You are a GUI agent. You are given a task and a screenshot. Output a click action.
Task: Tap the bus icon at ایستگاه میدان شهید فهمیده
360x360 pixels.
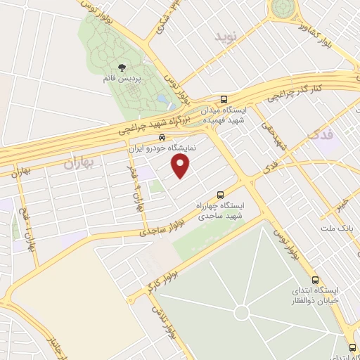coord(224,99)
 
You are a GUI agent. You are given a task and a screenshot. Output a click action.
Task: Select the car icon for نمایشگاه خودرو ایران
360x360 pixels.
coord(162,138)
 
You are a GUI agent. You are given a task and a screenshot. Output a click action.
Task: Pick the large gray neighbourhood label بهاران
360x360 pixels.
coord(78,165)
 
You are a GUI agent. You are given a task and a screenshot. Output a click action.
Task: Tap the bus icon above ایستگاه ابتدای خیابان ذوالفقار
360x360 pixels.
coord(315,279)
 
